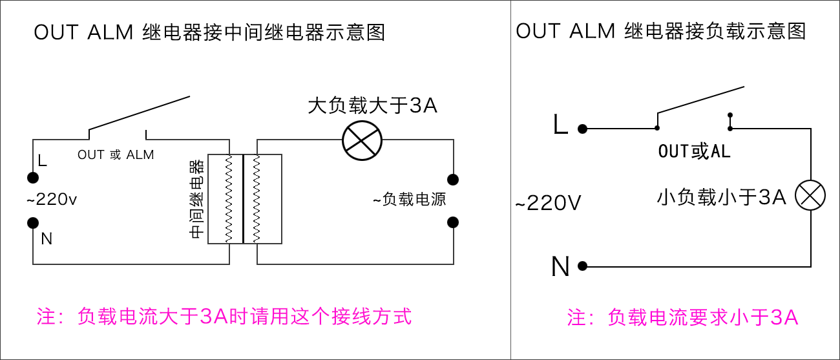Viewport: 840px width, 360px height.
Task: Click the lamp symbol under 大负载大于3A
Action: tap(362, 140)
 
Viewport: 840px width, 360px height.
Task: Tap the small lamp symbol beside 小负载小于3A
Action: tap(810, 195)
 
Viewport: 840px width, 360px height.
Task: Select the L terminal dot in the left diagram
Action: tap(32, 178)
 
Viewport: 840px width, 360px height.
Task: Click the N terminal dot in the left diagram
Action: tap(32, 223)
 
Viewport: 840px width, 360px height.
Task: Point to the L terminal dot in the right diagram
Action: tap(582, 129)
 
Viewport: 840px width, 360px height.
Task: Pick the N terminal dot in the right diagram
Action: tap(582, 266)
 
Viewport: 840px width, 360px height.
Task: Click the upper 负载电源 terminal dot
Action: tap(453, 179)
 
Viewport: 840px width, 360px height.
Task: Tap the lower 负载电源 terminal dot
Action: tap(453, 222)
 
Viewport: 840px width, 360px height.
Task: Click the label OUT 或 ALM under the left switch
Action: tap(116, 154)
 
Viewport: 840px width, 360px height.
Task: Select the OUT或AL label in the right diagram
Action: tap(694, 152)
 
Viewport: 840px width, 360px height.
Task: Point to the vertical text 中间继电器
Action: tap(197, 198)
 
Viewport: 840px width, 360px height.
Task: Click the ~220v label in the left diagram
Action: tap(52, 200)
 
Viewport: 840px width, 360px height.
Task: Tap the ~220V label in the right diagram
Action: tap(548, 204)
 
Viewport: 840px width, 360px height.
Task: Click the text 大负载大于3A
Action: tap(372, 105)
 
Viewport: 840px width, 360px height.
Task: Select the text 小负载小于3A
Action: tap(721, 197)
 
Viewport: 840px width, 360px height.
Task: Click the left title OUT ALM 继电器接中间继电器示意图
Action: tap(209, 32)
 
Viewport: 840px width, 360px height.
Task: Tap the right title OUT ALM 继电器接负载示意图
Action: tap(660, 31)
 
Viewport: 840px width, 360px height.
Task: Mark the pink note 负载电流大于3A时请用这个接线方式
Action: tap(224, 317)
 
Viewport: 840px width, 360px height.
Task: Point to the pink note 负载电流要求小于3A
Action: tap(683, 317)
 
